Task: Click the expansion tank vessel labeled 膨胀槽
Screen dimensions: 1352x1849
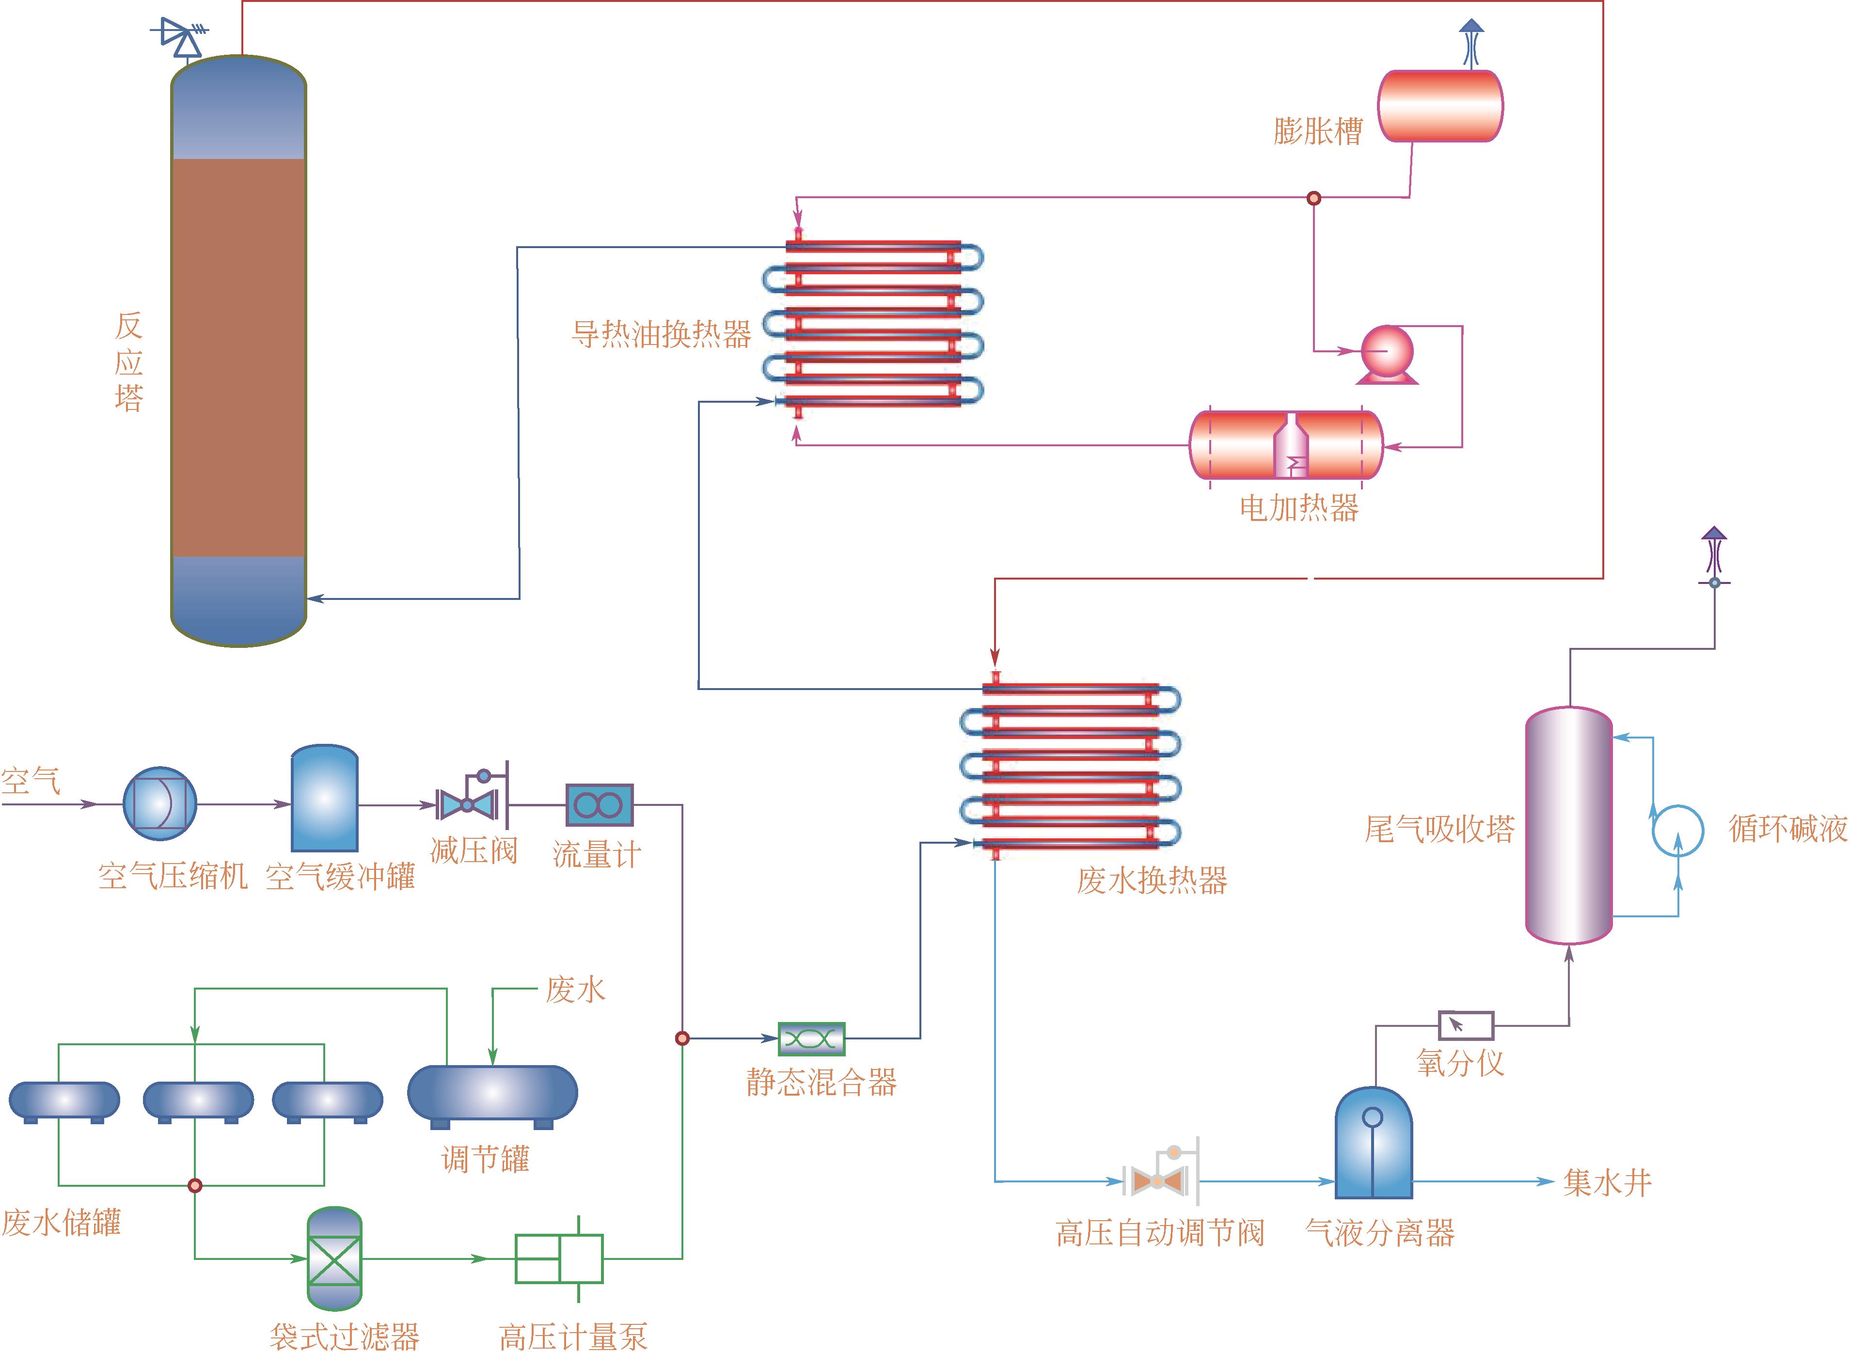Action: click(1440, 107)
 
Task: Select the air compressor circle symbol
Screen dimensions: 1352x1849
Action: click(159, 803)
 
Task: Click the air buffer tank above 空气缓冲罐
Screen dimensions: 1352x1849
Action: click(324, 799)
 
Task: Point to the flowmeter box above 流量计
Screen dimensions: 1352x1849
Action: click(599, 805)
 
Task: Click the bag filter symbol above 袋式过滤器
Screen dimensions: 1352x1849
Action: click(334, 1258)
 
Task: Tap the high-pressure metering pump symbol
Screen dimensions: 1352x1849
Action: click(559, 1258)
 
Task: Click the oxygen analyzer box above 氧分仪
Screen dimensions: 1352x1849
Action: click(1465, 1024)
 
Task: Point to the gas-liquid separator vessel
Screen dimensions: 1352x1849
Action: click(1374, 1144)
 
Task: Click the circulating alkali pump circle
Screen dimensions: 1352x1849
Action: click(1677, 831)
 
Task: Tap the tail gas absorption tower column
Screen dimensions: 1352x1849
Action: click(1568, 825)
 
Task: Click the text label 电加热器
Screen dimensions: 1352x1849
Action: click(1299, 508)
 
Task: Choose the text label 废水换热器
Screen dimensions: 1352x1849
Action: click(1152, 880)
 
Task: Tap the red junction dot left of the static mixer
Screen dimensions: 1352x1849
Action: click(682, 1038)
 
